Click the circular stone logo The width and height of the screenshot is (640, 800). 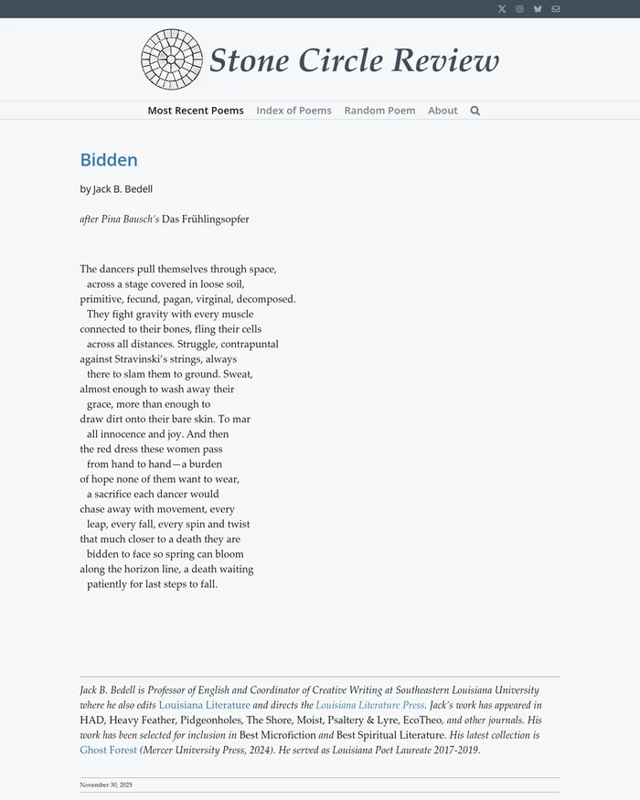(x=171, y=60)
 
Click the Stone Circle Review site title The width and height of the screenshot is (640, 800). (x=354, y=60)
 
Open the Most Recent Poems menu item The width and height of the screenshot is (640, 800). (x=196, y=111)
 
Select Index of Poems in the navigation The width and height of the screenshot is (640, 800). (x=293, y=111)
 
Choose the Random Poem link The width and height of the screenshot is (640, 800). (x=379, y=111)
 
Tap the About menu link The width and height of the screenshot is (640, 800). (x=443, y=111)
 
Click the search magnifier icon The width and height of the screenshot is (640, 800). (x=475, y=111)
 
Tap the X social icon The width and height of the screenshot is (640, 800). (x=502, y=9)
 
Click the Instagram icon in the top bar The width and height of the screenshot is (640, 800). (x=519, y=9)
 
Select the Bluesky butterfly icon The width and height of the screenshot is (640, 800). (x=538, y=9)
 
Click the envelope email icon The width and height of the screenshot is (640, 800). (x=556, y=9)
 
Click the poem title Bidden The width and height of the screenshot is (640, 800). (x=109, y=160)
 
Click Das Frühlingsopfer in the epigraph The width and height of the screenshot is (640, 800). (x=205, y=219)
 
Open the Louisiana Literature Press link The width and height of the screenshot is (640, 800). (x=369, y=706)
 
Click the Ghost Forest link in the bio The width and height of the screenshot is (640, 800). (x=108, y=751)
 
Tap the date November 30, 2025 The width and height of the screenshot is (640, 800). (x=106, y=784)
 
